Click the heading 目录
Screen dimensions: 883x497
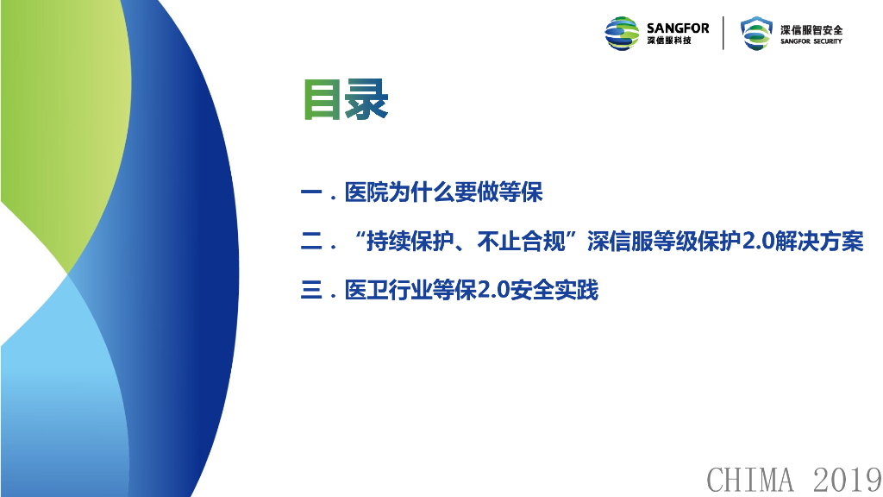coord(346,100)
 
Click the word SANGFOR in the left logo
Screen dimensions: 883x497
coord(678,28)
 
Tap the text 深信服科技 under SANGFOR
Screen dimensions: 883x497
coord(669,41)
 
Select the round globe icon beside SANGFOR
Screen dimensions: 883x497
coord(622,34)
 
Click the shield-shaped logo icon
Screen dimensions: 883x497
coord(756,34)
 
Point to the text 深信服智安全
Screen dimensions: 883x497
coord(811,30)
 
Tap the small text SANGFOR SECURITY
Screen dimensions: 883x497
coord(811,41)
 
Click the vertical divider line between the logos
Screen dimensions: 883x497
coord(723,34)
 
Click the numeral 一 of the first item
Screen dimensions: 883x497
coord(311,192)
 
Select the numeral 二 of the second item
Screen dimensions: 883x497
coord(311,242)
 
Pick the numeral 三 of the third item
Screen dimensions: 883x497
coord(311,291)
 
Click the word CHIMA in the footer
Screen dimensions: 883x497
coord(750,480)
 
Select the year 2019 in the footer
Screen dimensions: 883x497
coord(847,480)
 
